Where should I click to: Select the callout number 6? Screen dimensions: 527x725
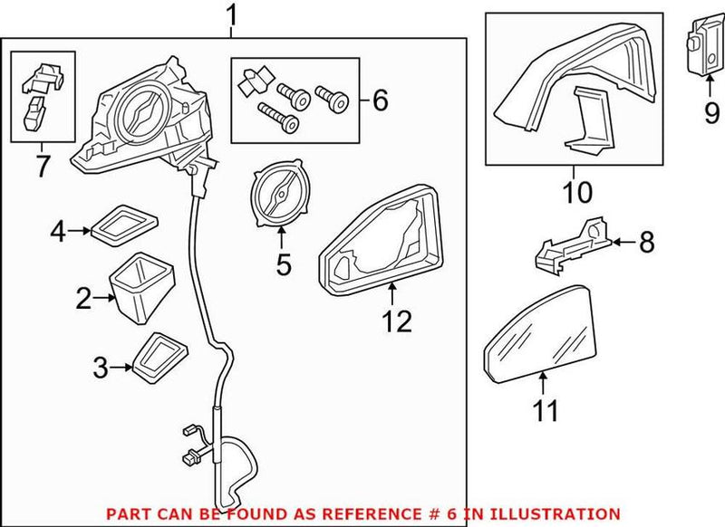coord(380,101)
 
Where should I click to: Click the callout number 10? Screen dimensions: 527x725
coord(576,193)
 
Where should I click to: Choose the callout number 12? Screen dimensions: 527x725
coord(397,321)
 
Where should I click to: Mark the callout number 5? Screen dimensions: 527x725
coord(283,266)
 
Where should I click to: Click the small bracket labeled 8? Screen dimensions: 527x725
coord(571,244)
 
